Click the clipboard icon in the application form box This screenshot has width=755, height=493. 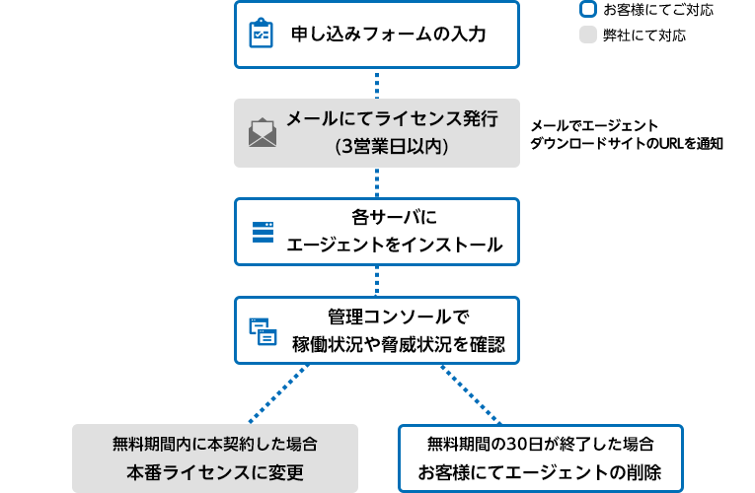pyautogui.click(x=261, y=34)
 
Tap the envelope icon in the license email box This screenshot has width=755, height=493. pyautogui.click(x=263, y=132)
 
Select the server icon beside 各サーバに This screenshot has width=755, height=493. pyautogui.click(x=263, y=232)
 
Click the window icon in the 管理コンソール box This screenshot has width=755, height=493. pyautogui.click(x=263, y=331)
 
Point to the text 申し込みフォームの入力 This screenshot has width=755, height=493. pyautogui.click(x=389, y=35)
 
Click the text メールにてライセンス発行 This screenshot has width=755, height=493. pyautogui.click(x=392, y=119)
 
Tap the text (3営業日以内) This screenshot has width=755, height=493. pyautogui.click(x=392, y=147)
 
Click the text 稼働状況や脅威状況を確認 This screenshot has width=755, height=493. pyautogui.click(x=398, y=345)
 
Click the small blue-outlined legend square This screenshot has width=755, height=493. pyautogui.click(x=588, y=10)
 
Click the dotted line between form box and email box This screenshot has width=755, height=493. pyautogui.click(x=377, y=83)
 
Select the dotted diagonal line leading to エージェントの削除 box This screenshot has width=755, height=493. pyautogui.click(x=472, y=392)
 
